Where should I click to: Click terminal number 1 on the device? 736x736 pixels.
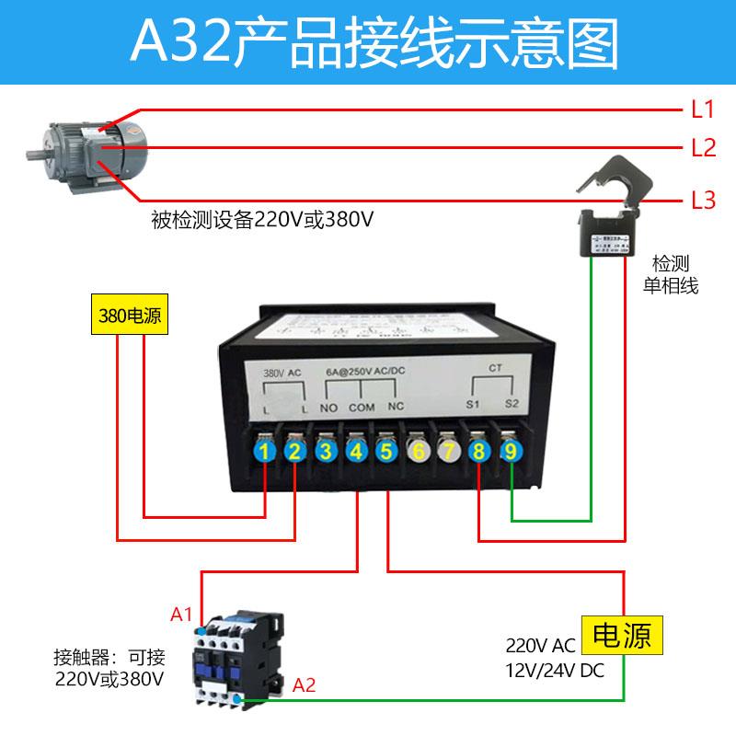pos(265,451)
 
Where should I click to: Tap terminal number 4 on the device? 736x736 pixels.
pos(355,451)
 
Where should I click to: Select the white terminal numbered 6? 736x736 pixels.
pos(418,451)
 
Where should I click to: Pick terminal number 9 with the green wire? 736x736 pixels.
pos(511,451)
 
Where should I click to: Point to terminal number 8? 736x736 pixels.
pos(479,451)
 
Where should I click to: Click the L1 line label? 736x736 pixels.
pos(702,110)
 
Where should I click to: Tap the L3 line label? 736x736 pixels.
pos(702,200)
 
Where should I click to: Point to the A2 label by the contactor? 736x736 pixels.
pos(305,684)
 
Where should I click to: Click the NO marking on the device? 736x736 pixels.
pos(329,407)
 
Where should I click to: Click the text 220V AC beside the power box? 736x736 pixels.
pos(541,645)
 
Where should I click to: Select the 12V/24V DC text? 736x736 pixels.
pos(555,671)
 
